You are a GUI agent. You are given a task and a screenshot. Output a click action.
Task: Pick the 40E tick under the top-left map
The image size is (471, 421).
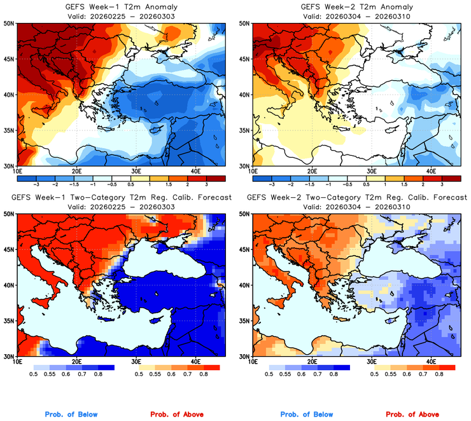point(196,171)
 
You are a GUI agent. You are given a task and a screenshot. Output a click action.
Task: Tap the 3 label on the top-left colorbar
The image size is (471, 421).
point(207,183)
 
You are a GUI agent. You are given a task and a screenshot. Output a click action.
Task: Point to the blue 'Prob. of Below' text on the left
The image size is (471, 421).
point(71,415)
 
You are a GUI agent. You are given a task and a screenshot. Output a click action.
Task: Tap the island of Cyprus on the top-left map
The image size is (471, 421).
point(152,130)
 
